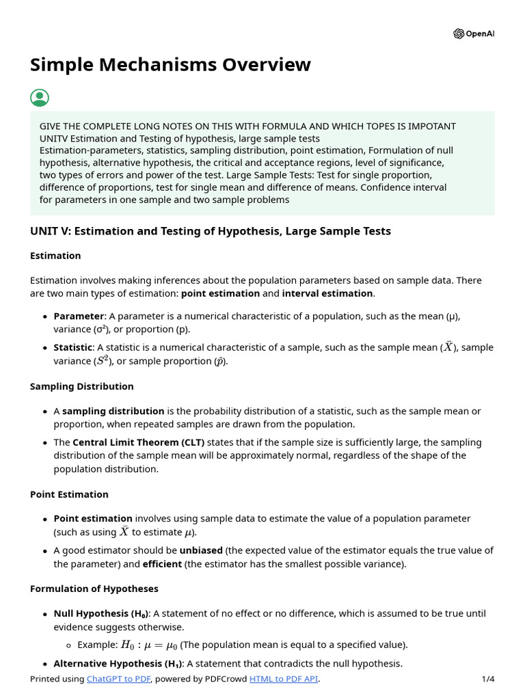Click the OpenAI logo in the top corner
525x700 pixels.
(x=474, y=34)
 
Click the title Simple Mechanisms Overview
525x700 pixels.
(x=170, y=64)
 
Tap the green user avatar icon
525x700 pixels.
(x=40, y=98)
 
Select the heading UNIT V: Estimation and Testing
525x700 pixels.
(x=211, y=231)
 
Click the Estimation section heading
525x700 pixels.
(x=55, y=256)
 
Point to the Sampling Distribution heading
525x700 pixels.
(x=82, y=386)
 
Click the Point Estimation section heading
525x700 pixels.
(x=69, y=494)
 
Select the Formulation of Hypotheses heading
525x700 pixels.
(x=94, y=589)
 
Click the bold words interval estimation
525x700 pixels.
(x=327, y=293)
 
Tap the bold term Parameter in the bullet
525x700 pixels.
(x=79, y=317)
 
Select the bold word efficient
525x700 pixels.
(x=162, y=564)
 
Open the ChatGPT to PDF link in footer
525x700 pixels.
(x=119, y=679)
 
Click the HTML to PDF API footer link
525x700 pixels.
(x=284, y=679)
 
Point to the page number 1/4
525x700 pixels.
(x=487, y=679)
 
